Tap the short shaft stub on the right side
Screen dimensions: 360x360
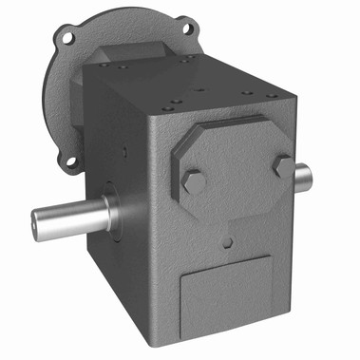point(301,175)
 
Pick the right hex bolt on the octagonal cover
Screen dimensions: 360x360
point(282,165)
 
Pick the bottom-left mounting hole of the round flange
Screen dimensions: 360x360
point(71,162)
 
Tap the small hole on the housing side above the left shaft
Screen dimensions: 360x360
point(124,151)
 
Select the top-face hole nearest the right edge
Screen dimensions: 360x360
point(272,96)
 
